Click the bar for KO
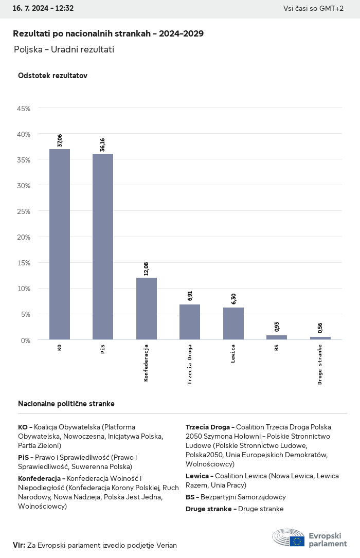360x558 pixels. [60, 244]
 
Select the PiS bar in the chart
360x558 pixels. [103, 247]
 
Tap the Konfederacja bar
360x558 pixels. [147, 309]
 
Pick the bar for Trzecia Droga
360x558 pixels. [190, 322]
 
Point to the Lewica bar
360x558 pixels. [233, 323]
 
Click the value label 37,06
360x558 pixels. [60, 140]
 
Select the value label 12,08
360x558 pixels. [147, 269]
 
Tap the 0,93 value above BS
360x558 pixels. [277, 327]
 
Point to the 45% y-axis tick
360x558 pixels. [24, 109]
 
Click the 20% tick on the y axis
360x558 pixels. [24, 237]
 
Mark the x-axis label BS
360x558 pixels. [277, 348]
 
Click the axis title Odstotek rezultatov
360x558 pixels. [52, 76]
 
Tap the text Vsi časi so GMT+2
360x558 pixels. [313, 8]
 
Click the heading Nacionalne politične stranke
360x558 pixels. [66, 404]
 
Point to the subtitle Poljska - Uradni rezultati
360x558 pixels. [64, 49]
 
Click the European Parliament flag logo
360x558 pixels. [297, 541]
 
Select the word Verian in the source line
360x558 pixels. [166, 545]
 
